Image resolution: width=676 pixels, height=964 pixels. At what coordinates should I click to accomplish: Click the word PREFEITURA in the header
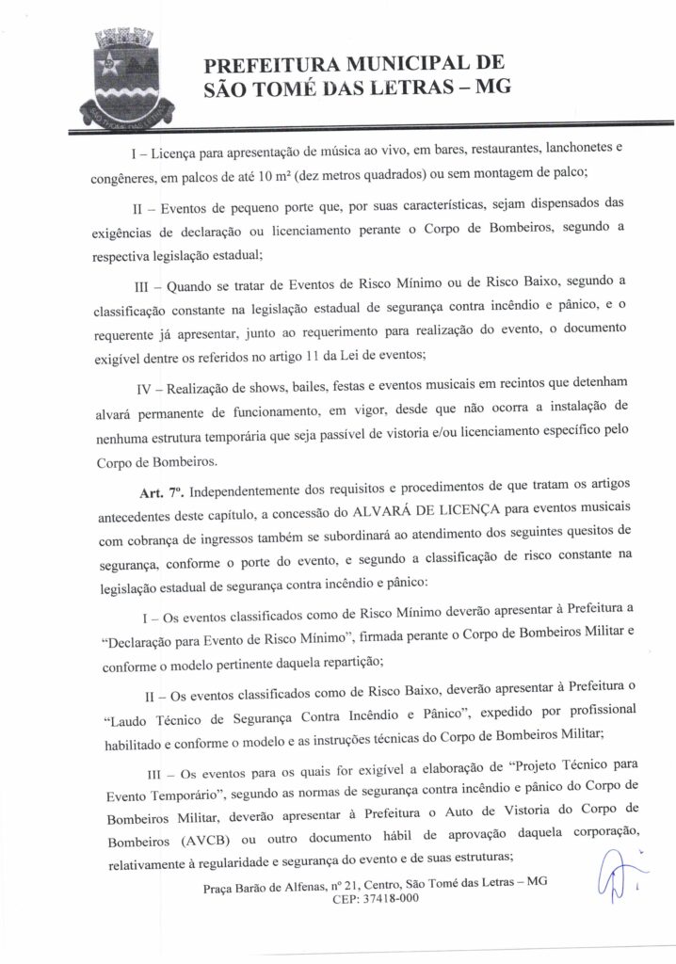coord(267,66)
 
